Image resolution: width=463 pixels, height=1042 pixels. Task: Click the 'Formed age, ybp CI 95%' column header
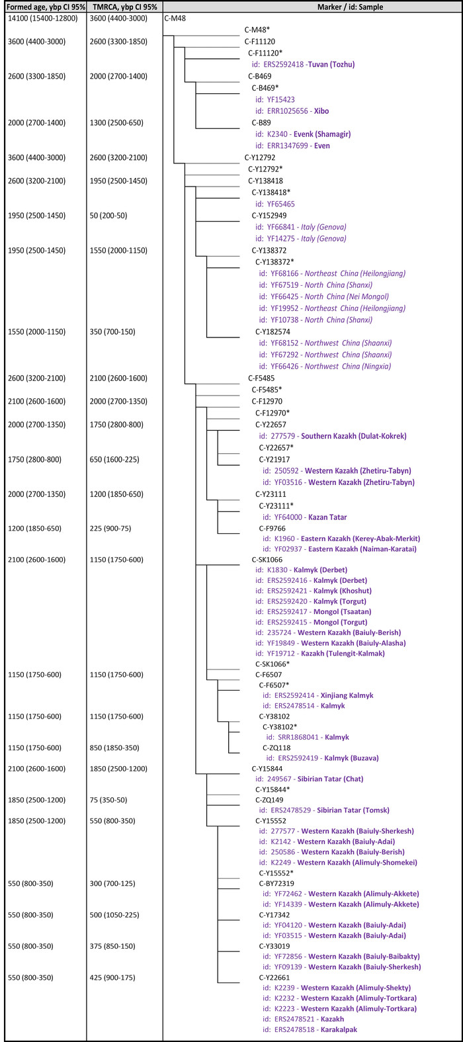(44, 7)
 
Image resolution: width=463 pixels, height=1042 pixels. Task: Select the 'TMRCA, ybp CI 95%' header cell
(124, 7)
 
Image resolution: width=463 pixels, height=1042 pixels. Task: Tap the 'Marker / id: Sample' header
(312, 7)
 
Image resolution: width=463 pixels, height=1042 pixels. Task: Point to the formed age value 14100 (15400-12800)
(42, 19)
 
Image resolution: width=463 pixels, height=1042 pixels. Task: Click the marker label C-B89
(261, 122)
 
